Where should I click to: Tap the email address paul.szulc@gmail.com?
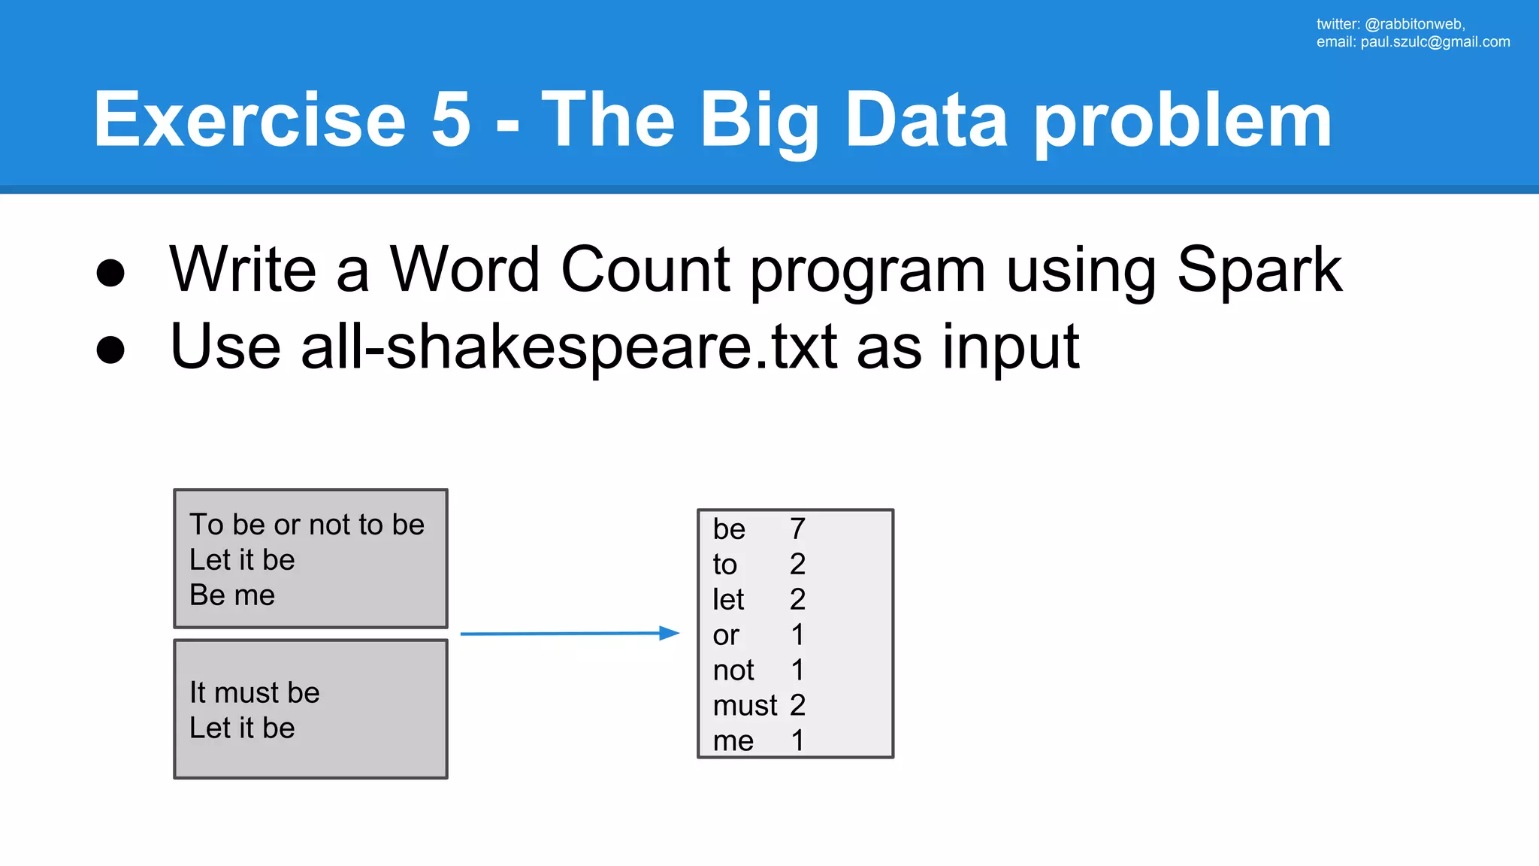(1435, 42)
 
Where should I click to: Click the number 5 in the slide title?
(451, 120)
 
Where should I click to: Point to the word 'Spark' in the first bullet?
(1259, 271)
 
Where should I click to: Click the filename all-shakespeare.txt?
(569, 347)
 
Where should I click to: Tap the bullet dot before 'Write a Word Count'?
(110, 273)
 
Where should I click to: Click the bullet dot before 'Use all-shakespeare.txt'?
(110, 350)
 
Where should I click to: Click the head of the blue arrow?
(670, 633)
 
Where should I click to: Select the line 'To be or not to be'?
(307, 525)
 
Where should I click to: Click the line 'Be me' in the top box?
(232, 595)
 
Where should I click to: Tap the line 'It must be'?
(254, 693)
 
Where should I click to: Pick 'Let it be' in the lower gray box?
(242, 728)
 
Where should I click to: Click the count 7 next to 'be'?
(797, 529)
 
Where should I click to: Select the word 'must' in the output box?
(745, 706)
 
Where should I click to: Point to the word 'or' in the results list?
(726, 636)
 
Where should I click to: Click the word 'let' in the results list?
(728, 600)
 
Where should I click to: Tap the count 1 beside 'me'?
(797, 741)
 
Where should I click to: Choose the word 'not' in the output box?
(733, 671)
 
